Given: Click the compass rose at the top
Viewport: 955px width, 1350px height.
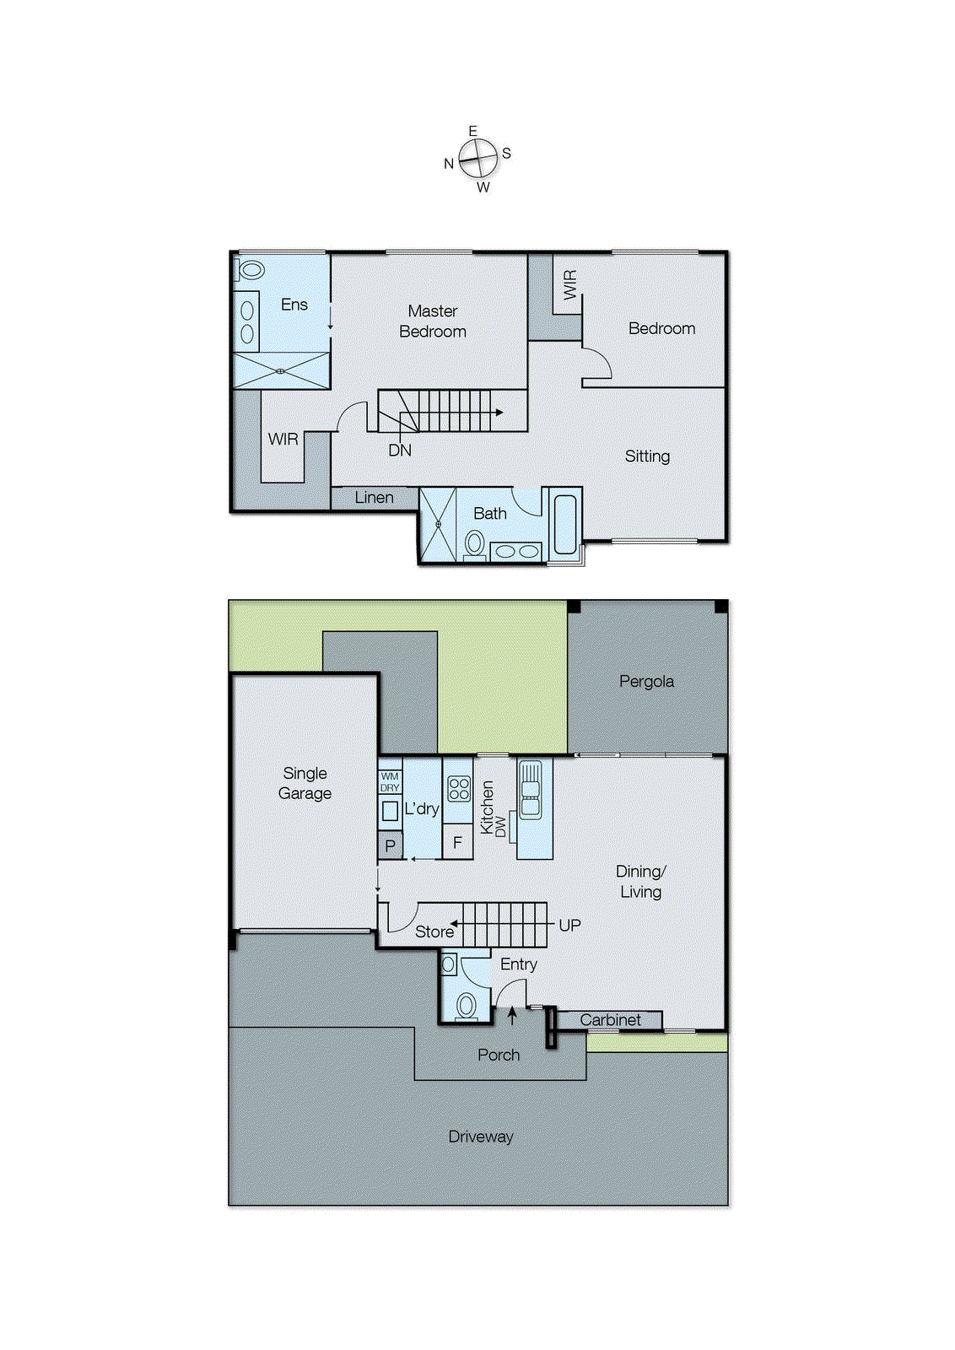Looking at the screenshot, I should pos(478,158).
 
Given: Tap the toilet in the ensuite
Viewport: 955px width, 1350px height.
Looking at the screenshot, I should pos(251,271).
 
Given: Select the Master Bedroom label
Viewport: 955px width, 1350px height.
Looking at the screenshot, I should pos(433,321).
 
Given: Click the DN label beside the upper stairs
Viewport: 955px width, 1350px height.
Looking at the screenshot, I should pos(400,451).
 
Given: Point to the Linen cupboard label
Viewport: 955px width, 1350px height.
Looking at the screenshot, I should pos(374,498).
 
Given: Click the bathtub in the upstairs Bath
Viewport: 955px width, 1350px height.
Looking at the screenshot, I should pos(565,524).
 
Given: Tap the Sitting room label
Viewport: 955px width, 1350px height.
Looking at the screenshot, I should pos(647,456).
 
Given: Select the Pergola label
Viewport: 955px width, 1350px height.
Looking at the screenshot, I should pos(646,682).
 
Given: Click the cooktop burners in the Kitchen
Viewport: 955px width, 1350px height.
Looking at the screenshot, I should pos(459,789).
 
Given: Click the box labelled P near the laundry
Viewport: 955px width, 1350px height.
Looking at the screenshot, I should pos(390,845).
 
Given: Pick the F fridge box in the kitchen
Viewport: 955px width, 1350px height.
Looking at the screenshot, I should pos(457,842).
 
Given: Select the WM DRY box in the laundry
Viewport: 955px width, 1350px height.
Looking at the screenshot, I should pos(390,782).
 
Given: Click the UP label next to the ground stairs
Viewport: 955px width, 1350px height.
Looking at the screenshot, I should pos(569,926).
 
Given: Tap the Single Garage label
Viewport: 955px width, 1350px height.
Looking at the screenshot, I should pos(305,783).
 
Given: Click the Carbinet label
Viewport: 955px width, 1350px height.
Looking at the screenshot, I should pos(610,1020).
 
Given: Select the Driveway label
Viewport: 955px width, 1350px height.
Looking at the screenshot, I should pos(480,1137).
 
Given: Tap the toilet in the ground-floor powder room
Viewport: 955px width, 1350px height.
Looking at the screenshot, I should pos(466,1005).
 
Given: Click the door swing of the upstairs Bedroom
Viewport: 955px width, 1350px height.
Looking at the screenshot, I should pos(598,364).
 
